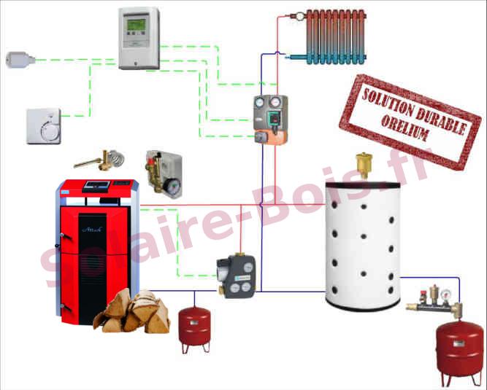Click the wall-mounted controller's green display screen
(137, 27)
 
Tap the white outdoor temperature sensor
(16, 59)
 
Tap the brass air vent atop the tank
(361, 164)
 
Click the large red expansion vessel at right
(459, 348)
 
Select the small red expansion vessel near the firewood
(195, 327)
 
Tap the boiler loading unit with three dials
(234, 276)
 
